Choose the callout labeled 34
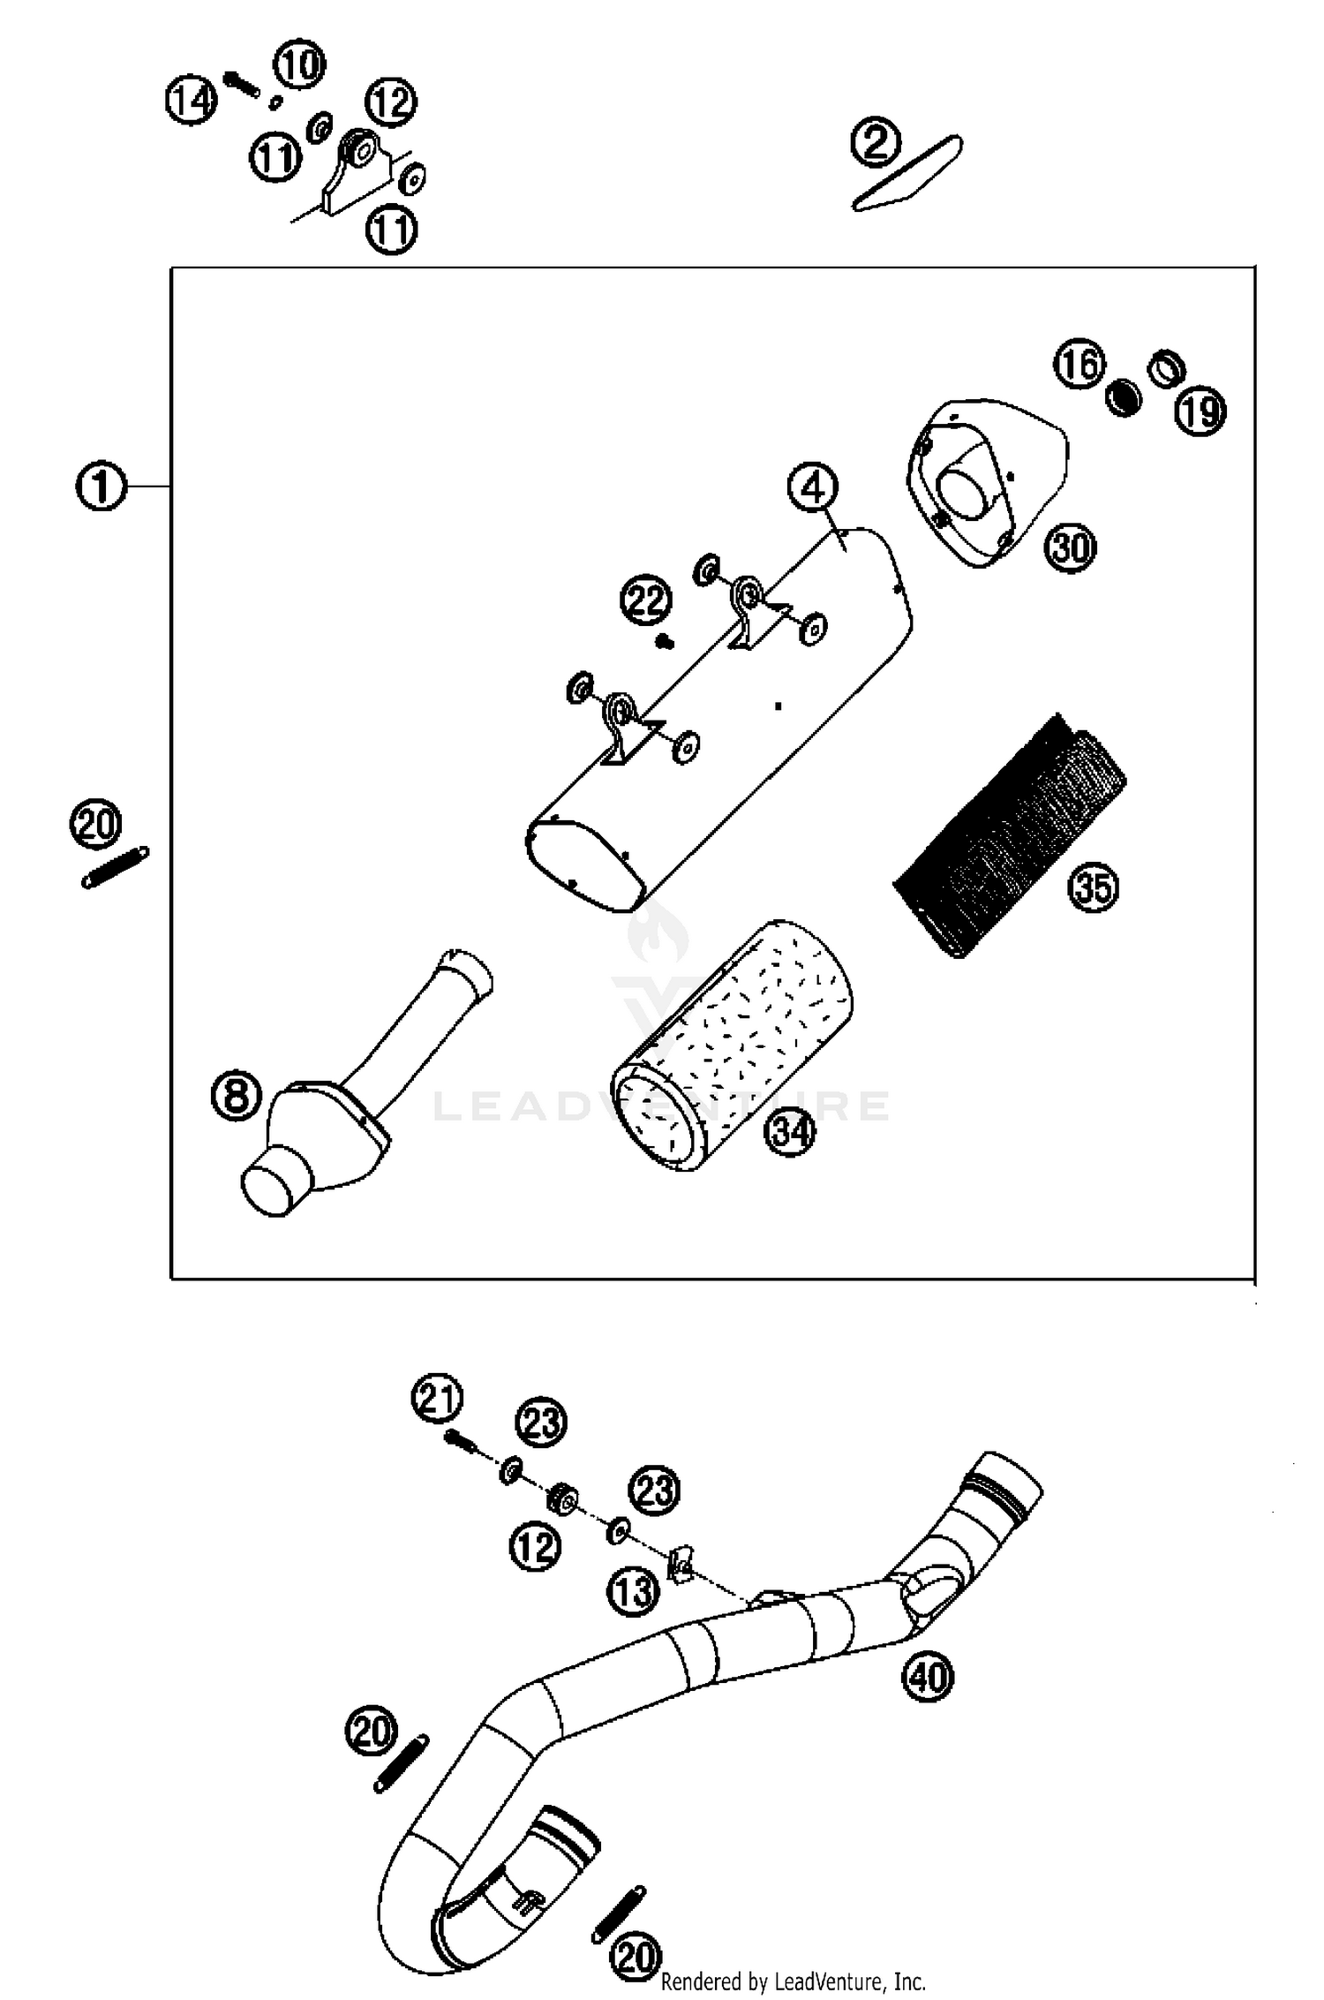tap(790, 1131)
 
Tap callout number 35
tap(1093, 887)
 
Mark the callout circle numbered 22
tap(645, 601)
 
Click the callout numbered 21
tap(437, 1401)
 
